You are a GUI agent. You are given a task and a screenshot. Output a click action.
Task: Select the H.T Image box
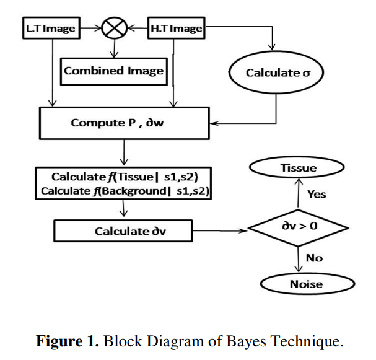pyautogui.click(x=175, y=28)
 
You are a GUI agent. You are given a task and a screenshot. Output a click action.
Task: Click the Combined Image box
pyautogui.click(x=114, y=71)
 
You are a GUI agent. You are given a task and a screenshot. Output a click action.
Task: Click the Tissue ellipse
pyautogui.click(x=298, y=168)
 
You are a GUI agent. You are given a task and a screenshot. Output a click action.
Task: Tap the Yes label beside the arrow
pyautogui.click(x=316, y=194)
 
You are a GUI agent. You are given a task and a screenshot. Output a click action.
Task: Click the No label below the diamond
pyautogui.click(x=314, y=257)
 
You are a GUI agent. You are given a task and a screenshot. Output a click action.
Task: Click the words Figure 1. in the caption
pyautogui.click(x=69, y=341)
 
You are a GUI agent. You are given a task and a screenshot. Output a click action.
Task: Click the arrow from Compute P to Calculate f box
pyautogui.click(x=126, y=153)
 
